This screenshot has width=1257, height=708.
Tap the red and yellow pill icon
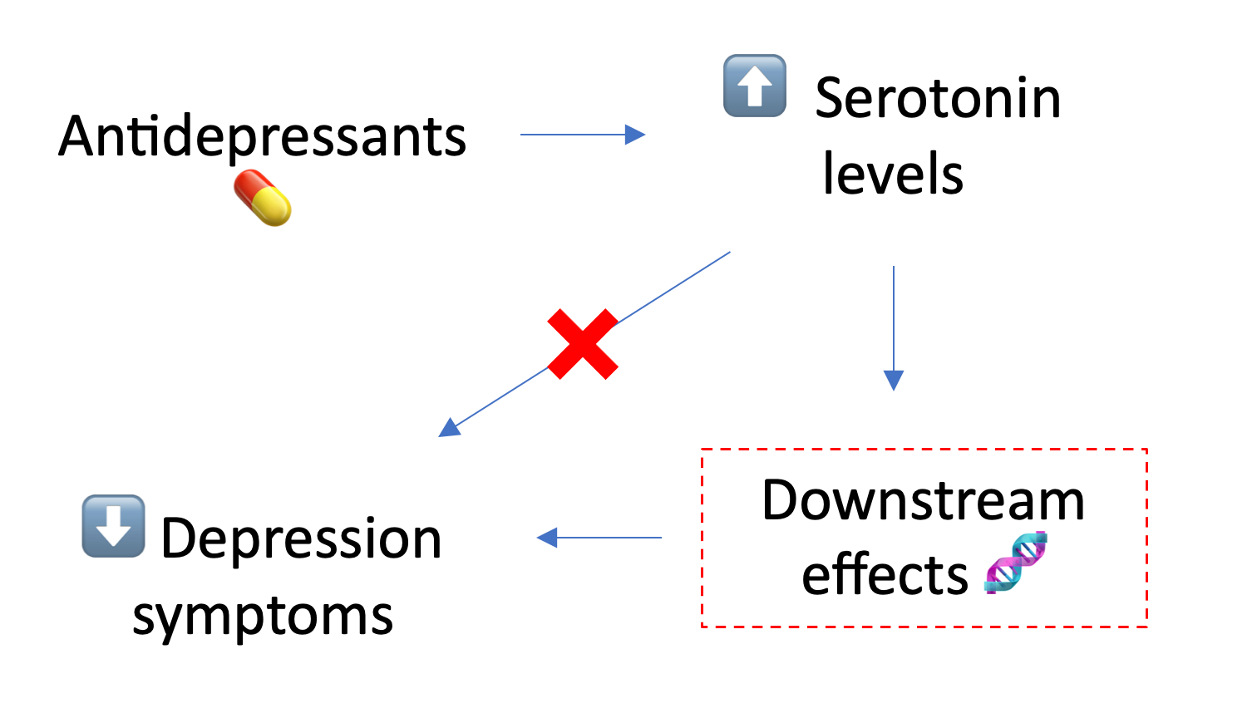click(x=263, y=198)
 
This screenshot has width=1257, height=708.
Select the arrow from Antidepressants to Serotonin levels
click(x=582, y=135)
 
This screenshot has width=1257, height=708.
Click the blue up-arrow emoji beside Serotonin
click(x=755, y=86)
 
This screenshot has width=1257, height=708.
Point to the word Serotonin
click(x=937, y=98)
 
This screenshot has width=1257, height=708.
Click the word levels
click(x=892, y=174)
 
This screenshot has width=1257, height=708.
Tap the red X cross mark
click(x=583, y=344)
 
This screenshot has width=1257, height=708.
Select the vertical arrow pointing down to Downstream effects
click(x=894, y=324)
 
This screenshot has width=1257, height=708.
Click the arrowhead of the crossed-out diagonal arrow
click(x=450, y=428)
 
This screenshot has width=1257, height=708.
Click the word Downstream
click(x=923, y=500)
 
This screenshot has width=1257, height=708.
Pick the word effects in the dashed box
click(x=885, y=574)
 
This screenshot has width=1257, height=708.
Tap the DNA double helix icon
click(x=1015, y=563)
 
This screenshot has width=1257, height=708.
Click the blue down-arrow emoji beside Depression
click(x=113, y=526)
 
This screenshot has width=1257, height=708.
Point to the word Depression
click(x=300, y=538)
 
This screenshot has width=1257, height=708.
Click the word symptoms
click(x=263, y=616)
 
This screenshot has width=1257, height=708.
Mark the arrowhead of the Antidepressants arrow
click(x=635, y=135)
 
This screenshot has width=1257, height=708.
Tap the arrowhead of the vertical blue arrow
click(x=894, y=381)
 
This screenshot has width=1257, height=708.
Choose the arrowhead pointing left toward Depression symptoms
click(x=547, y=538)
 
